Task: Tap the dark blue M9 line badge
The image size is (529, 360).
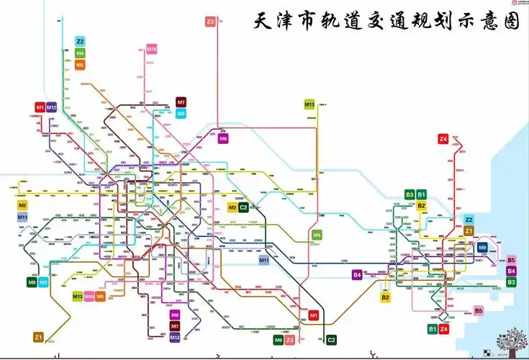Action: [482, 248]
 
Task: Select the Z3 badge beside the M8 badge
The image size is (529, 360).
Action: [289, 340]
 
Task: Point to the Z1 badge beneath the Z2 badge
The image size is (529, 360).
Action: [469, 230]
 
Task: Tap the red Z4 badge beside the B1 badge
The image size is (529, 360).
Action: [444, 329]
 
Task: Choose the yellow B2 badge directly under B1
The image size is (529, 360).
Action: [422, 205]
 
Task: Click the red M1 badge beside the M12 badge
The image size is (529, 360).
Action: [40, 107]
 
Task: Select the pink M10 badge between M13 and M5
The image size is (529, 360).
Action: [89, 296]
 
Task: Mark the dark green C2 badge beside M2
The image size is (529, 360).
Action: [243, 207]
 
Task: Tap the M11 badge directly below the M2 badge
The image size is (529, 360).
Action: [22, 217]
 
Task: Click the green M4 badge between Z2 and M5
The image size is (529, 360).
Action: [80, 53]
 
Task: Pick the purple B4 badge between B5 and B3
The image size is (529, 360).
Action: [511, 271]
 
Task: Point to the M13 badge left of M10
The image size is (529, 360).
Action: [77, 296]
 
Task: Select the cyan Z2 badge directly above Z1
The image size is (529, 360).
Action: [469, 220]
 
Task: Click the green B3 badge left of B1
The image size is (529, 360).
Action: [410, 194]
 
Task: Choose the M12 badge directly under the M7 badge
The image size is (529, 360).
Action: [175, 337]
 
